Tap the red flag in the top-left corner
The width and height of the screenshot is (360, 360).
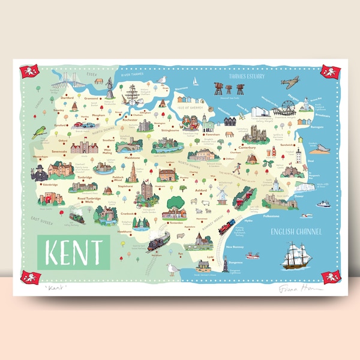29,72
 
